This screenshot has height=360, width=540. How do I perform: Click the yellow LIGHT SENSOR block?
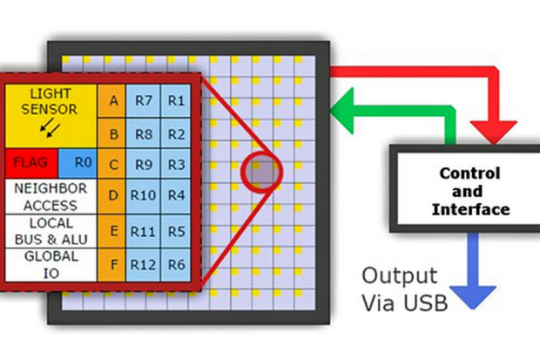[52, 113]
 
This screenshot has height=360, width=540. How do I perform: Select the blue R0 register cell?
[78, 162]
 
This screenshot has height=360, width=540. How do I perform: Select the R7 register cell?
[144, 101]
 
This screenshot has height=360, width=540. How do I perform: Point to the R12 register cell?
[144, 263]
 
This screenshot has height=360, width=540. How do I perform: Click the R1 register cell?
[177, 101]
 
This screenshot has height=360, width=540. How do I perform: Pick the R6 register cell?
[177, 263]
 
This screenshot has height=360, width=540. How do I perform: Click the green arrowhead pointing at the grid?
[345, 109]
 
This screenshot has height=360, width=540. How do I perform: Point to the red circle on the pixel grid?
[261, 171]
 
